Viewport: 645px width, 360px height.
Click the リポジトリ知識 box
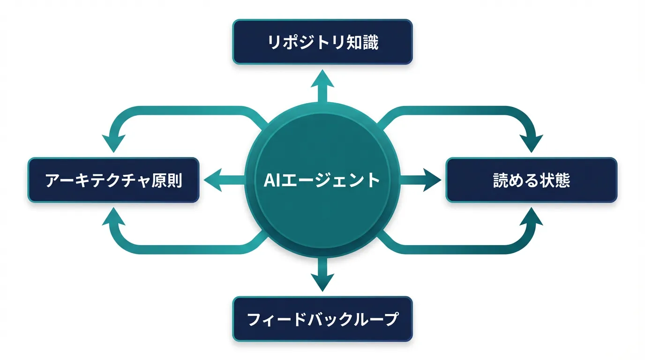[x=322, y=42]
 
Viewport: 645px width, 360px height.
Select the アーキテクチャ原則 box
[x=113, y=180]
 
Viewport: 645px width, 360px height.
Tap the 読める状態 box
[x=531, y=180]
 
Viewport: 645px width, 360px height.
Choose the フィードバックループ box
[x=322, y=319]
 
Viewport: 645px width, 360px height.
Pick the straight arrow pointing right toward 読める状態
[x=422, y=180]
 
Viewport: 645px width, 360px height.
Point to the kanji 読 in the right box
[x=501, y=180]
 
